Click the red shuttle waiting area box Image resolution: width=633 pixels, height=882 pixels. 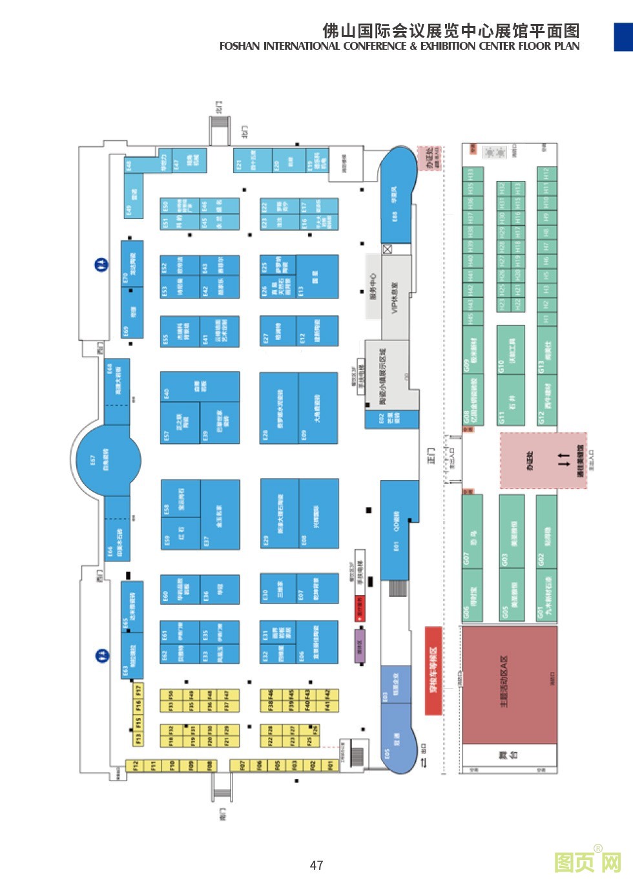(x=433, y=670)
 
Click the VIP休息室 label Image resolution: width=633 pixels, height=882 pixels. (x=395, y=297)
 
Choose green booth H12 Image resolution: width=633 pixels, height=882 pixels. (x=546, y=174)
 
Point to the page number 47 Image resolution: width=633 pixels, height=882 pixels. (x=316, y=865)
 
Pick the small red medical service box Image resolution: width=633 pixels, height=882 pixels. (x=360, y=608)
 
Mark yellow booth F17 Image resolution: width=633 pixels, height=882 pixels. (x=138, y=689)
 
